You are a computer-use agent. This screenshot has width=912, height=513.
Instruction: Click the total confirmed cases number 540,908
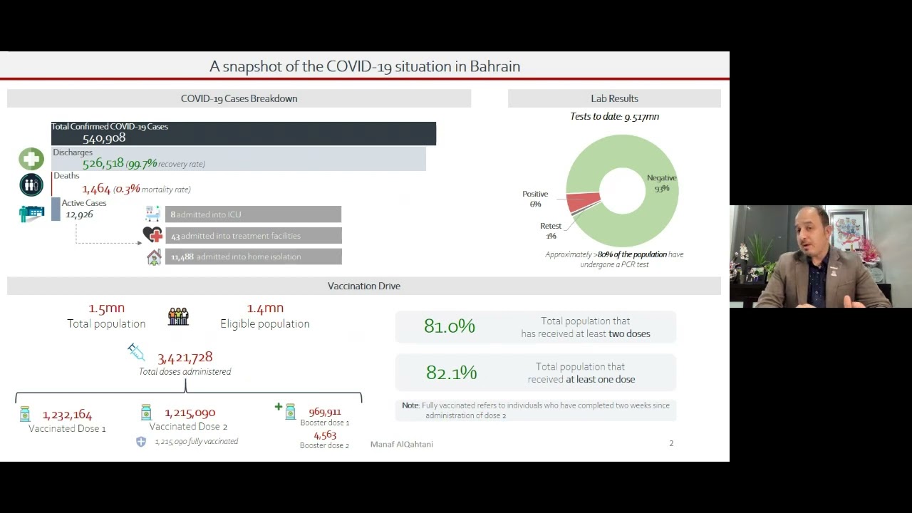point(104,138)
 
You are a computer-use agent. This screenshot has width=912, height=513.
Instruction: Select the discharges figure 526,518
point(103,163)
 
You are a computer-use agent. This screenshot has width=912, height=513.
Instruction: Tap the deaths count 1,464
point(96,189)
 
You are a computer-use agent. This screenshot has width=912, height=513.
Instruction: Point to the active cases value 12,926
point(79,214)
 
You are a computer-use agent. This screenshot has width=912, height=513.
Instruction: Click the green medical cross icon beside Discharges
point(31,159)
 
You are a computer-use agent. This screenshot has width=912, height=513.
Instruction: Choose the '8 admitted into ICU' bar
point(253,214)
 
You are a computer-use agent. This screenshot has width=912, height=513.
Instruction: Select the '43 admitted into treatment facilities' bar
point(253,236)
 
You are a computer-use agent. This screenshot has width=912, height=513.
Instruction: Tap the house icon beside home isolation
point(154,257)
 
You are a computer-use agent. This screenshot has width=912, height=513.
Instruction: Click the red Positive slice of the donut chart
point(583,202)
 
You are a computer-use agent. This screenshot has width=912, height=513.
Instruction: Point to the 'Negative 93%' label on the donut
point(662,183)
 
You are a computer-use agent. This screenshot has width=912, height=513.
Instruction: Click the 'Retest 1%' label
point(551,231)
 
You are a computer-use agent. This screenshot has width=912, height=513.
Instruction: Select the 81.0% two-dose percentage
point(450,326)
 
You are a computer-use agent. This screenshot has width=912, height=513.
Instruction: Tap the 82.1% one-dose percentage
point(451,372)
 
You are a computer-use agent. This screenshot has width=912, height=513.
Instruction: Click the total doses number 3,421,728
point(185,358)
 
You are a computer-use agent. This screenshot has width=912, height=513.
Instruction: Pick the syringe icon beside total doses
point(136,352)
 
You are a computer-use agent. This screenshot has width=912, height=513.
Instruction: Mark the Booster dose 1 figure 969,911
point(325,412)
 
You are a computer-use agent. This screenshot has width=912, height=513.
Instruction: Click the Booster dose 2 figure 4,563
point(325,435)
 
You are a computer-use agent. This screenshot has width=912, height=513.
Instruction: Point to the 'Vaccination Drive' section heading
point(364,286)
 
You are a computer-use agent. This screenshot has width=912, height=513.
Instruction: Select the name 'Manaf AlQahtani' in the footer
point(401,444)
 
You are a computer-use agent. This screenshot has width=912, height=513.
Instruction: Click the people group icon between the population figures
point(178,316)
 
